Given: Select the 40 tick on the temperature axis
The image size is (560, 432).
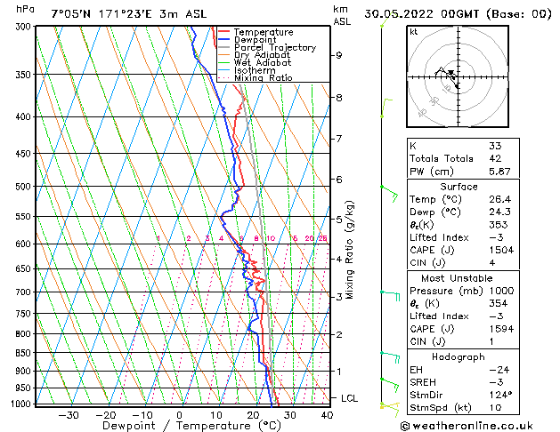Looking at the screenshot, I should (327, 415).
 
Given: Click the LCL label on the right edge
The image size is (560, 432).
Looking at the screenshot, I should (349, 398).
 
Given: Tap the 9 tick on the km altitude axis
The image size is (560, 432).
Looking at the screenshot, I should (339, 55).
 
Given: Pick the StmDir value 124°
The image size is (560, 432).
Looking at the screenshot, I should (500, 395).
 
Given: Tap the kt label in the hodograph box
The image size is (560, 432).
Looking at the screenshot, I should (413, 31).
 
